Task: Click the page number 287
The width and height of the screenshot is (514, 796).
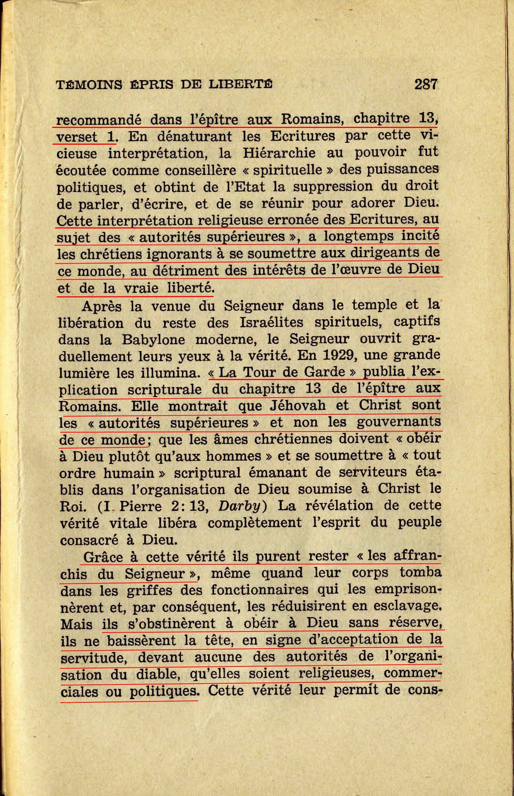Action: pos(426,84)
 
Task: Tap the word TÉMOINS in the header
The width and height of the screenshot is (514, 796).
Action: pos(89,85)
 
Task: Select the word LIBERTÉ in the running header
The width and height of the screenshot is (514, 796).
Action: pos(241,84)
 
